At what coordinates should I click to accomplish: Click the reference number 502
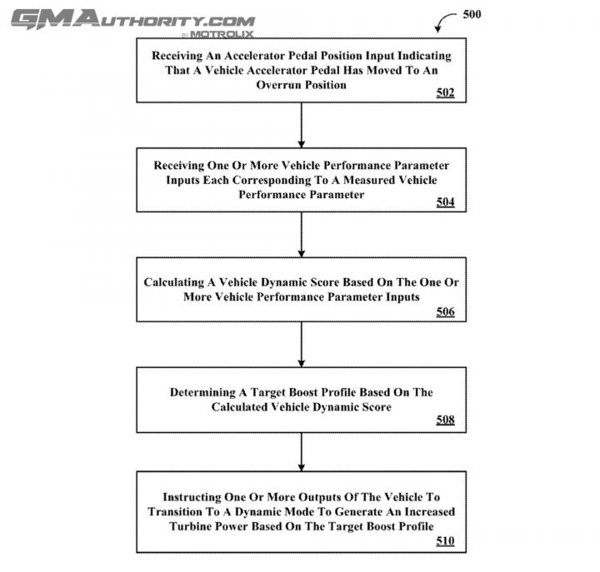pyautogui.click(x=445, y=92)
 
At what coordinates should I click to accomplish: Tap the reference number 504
pyautogui.click(x=445, y=201)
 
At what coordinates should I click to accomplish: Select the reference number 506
pyautogui.click(x=445, y=311)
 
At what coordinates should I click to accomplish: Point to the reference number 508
pyautogui.click(x=445, y=420)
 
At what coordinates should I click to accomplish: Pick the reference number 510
pyautogui.click(x=445, y=540)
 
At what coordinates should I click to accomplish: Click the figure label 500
pyautogui.click(x=472, y=14)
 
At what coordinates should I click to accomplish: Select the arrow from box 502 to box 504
pyautogui.click(x=302, y=125)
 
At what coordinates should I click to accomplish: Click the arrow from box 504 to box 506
pyautogui.click(x=302, y=235)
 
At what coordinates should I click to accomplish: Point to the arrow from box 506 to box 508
pyautogui.click(x=302, y=345)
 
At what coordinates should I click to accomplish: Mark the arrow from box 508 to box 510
pyautogui.click(x=302, y=452)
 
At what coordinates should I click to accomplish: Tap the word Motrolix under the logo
pyautogui.click(x=222, y=34)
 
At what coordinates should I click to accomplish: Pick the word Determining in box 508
pyautogui.click(x=202, y=392)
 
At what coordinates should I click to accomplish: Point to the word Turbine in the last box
pyautogui.click(x=190, y=526)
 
